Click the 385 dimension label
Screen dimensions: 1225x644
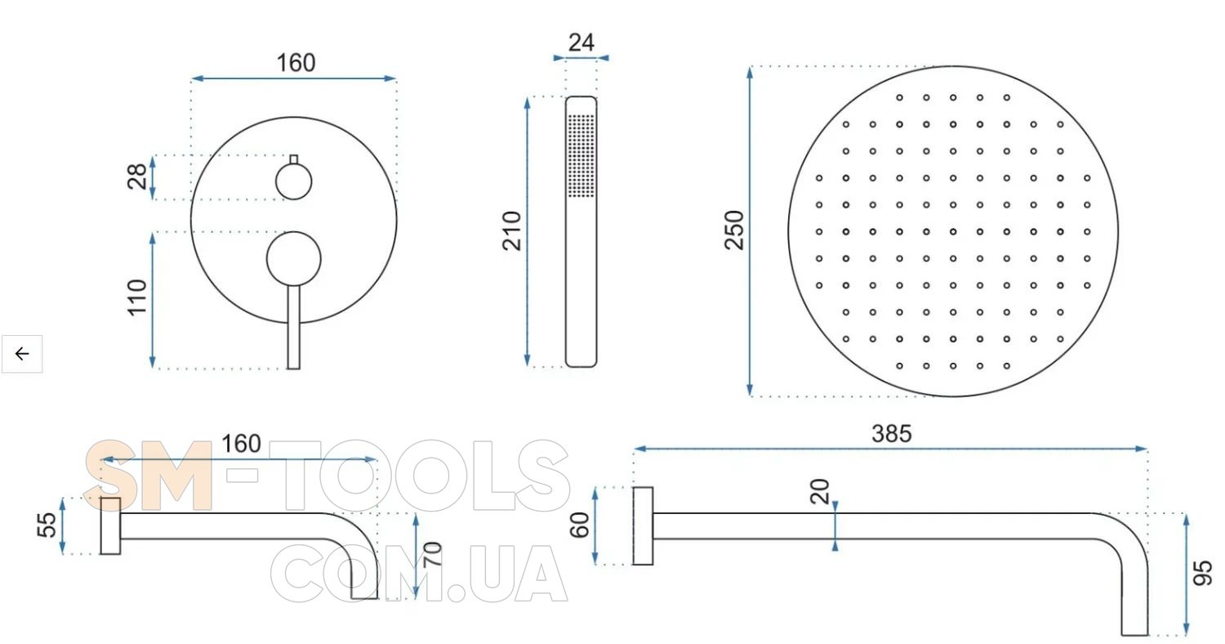point(892,434)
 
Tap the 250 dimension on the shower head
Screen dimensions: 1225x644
point(734,230)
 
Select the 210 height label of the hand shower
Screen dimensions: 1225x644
point(512,231)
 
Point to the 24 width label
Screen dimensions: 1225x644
point(581,42)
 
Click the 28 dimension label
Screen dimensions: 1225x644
point(136,177)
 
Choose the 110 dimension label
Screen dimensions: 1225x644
point(137,297)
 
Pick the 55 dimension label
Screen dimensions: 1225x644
point(47,525)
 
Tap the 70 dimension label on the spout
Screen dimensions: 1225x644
point(432,554)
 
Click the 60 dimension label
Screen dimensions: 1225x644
point(579,525)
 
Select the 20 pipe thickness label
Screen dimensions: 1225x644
point(820,492)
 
